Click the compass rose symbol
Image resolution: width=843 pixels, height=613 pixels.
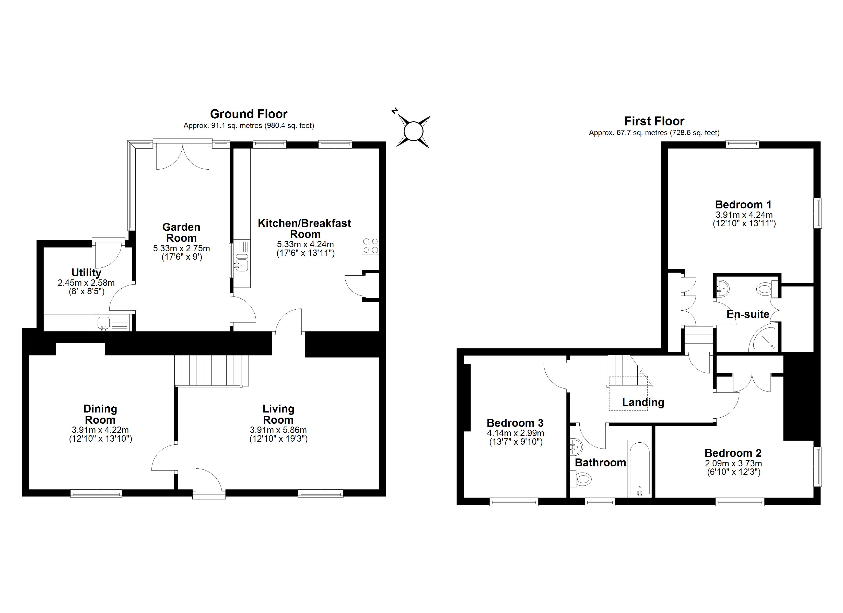[413, 131]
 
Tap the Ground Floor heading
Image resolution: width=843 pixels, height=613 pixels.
[249, 114]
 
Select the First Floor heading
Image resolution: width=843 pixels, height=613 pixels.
[654, 121]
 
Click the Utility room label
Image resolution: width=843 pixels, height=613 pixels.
[86, 273]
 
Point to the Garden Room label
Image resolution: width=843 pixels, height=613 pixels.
[181, 232]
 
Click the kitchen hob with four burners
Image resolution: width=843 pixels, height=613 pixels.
[370, 246]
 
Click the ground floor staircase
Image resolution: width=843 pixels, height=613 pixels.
[211, 371]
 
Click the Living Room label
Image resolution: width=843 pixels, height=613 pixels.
[278, 414]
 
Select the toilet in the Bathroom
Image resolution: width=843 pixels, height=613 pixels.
[581, 479]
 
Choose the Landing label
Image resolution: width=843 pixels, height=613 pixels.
[643, 402]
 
